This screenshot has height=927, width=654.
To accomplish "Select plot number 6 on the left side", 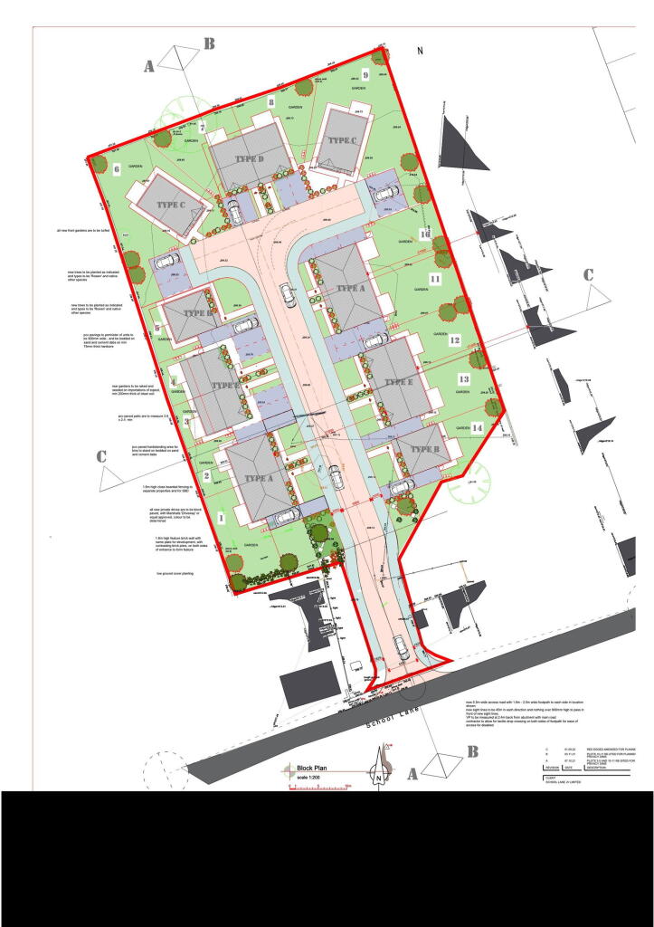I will point(118,168).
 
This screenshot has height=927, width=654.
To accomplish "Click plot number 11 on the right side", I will point(434,279).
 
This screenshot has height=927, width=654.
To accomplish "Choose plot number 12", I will point(455,340).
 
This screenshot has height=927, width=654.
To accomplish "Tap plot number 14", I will point(476,426).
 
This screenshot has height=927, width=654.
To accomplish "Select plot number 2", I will point(207,476).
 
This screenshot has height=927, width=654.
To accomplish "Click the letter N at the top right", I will point(420,52).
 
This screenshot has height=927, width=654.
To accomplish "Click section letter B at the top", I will point(208,43).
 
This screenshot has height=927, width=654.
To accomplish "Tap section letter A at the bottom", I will point(413,774).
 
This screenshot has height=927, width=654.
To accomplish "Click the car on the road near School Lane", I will point(400,655).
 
